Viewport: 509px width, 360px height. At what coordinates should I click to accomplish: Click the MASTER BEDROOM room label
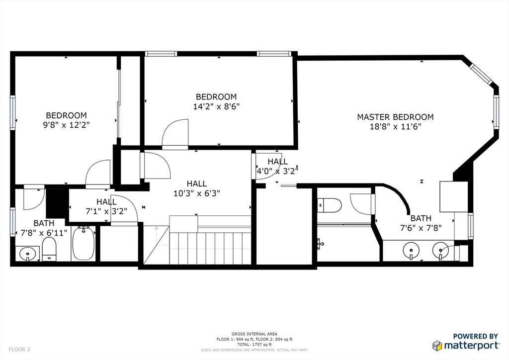coord(395,117)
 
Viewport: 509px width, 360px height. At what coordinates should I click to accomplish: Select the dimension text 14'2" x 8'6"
coord(216,106)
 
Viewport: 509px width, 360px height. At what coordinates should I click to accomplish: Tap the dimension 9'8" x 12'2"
coord(66,125)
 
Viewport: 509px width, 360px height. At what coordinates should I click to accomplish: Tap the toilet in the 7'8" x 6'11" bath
coord(49,248)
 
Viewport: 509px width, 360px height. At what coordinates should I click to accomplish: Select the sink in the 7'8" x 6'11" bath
coord(27,253)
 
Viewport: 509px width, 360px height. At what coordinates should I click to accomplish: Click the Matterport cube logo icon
coord(437,346)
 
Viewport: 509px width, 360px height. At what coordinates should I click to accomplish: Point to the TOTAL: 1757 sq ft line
coord(254,344)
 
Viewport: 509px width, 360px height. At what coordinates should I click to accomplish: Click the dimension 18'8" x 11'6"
coord(395,127)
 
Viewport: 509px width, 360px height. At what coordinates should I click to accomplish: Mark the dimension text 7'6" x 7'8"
coord(421,228)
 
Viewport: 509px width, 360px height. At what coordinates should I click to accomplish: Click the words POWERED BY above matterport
coord(475,337)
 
